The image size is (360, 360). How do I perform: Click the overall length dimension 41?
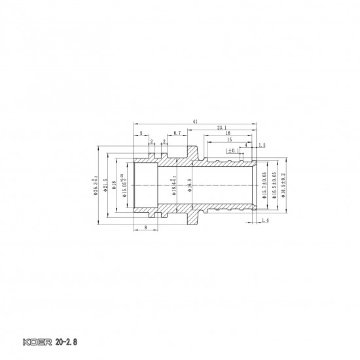(196, 121)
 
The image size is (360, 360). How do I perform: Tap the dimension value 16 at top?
(228, 133)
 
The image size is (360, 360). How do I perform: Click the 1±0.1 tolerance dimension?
(232, 151)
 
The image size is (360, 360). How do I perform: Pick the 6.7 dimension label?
(177, 133)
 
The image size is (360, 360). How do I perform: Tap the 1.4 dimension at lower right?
(264, 222)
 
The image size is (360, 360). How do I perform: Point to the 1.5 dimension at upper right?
(262, 145)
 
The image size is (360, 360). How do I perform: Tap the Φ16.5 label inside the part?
(190, 185)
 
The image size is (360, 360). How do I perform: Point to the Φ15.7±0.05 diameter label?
(264, 185)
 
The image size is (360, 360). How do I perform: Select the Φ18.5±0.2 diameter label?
(283, 185)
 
